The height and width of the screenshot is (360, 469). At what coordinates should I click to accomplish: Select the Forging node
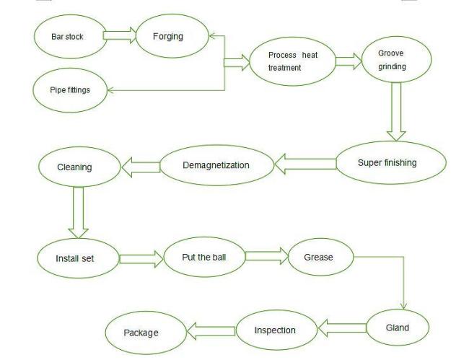point(168,36)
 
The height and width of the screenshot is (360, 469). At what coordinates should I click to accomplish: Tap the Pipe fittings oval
point(71,89)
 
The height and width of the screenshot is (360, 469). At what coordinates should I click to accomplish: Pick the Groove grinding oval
point(393,60)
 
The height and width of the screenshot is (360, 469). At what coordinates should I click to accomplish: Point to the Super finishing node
point(387,163)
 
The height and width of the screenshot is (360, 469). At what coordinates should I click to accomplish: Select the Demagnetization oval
point(216,165)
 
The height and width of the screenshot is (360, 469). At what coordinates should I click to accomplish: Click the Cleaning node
point(74,167)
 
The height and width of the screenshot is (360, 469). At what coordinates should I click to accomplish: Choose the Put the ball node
point(203,256)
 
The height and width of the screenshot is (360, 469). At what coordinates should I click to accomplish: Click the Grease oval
point(318,257)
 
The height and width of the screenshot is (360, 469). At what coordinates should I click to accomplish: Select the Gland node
point(398,328)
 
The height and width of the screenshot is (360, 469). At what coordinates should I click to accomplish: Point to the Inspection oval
point(275,330)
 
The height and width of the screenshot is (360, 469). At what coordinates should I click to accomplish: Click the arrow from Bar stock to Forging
point(120,34)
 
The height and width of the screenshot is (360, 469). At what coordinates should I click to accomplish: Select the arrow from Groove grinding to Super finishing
point(395,110)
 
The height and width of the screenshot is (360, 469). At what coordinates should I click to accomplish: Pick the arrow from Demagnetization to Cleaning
point(141,167)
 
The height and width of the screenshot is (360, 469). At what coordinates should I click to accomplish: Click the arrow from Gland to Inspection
point(342,329)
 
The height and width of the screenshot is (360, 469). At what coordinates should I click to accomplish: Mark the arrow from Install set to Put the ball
point(141,258)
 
